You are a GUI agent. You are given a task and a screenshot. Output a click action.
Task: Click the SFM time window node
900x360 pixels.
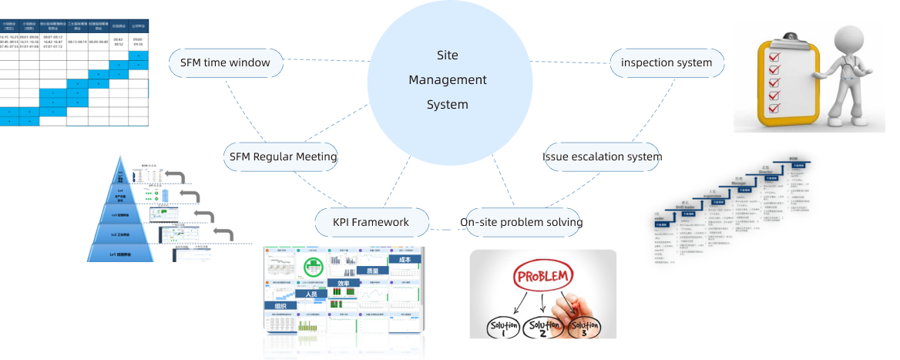pos(225,62)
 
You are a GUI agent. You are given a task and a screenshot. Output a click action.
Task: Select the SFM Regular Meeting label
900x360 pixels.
pos(283,156)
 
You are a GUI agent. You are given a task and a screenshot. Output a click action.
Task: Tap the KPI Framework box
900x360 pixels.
pos(371,222)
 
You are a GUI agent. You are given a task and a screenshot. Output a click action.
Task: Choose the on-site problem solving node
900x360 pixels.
pos(521,222)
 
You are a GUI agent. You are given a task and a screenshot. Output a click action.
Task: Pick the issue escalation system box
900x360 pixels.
pos(603,156)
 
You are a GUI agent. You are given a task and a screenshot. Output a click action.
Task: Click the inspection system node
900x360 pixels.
pos(667,62)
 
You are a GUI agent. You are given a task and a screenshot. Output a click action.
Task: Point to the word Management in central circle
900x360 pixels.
pos(447,79)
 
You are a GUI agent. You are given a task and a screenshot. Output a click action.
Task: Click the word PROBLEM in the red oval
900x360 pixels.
pos(543,276)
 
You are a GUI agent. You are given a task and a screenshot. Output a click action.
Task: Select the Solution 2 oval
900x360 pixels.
pos(543,328)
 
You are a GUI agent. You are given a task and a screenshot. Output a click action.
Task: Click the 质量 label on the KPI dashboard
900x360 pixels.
pos(377,271)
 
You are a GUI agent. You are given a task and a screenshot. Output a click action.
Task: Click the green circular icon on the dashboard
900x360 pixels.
pos(312,267)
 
